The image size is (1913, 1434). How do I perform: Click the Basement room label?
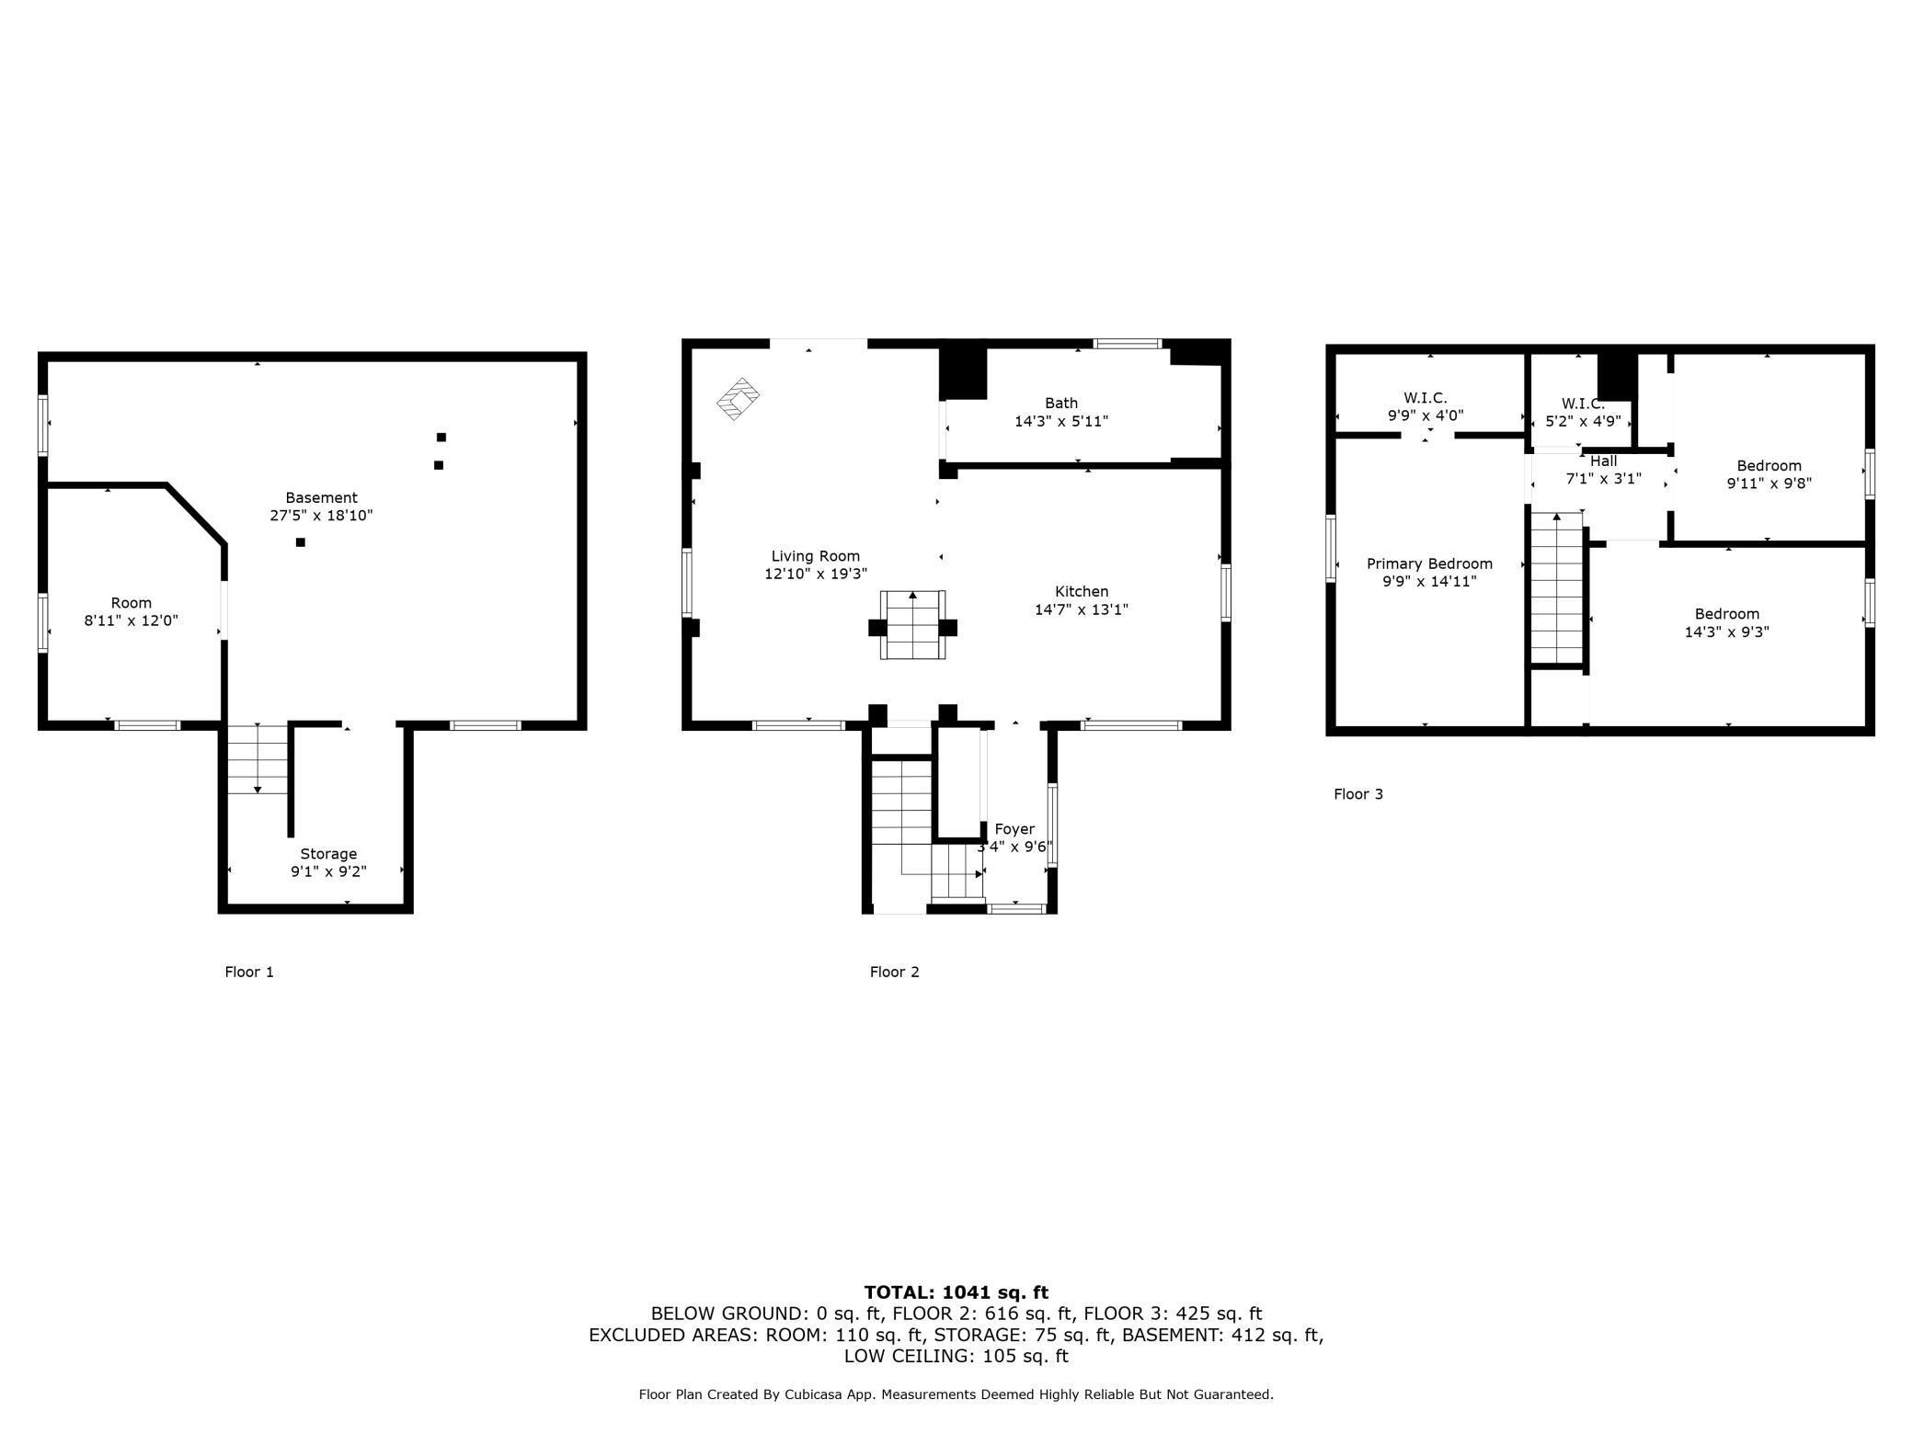point(320,497)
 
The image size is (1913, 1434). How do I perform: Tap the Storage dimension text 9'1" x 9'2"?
point(328,871)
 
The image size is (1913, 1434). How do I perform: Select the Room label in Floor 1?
point(131,603)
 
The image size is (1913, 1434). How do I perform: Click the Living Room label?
point(815,556)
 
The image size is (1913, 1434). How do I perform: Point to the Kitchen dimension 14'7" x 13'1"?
point(1081,609)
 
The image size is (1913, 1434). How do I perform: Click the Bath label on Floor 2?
point(1060,403)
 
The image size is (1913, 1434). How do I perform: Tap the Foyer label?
point(1014,829)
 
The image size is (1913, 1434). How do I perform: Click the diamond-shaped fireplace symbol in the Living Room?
point(738,399)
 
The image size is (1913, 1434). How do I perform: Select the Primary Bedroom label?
point(1428,563)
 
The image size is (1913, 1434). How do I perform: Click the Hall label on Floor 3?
point(1603,461)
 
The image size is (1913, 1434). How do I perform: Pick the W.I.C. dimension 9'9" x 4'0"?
point(1425,415)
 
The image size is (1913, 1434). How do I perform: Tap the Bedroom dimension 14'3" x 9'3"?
point(1726,632)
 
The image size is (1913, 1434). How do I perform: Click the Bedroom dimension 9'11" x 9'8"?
point(1768,484)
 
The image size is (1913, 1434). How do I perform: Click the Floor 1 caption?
point(249,972)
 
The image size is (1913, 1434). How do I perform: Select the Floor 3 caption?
point(1357,794)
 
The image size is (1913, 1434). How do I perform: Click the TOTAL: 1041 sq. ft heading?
point(956,1292)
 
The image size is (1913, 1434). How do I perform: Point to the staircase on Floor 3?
point(1556,588)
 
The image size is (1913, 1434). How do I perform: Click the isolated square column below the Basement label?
point(300,542)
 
